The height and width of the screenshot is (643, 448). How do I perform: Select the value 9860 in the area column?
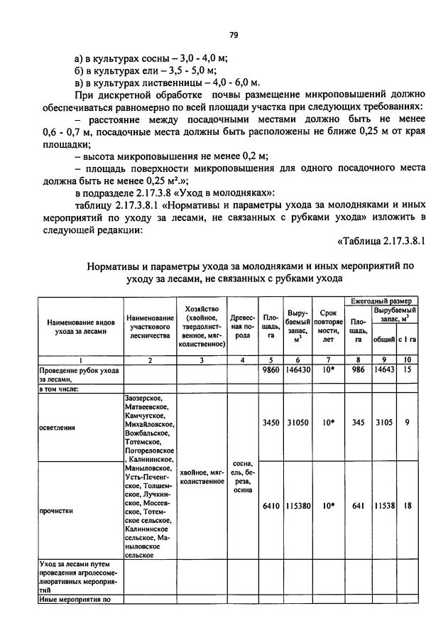[x=271, y=370]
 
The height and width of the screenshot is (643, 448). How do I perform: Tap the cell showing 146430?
[x=298, y=370]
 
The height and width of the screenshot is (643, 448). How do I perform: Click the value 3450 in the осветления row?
[x=271, y=423]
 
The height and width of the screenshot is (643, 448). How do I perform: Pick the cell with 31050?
[x=298, y=423]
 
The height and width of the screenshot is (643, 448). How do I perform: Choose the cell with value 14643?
[x=384, y=370]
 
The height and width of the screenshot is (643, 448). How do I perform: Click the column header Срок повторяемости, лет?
[x=328, y=326]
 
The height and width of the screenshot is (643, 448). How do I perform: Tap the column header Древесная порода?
[x=243, y=326]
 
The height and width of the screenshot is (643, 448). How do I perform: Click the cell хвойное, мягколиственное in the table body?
[x=202, y=476]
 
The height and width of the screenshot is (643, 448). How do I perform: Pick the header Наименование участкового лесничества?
[x=150, y=326]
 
